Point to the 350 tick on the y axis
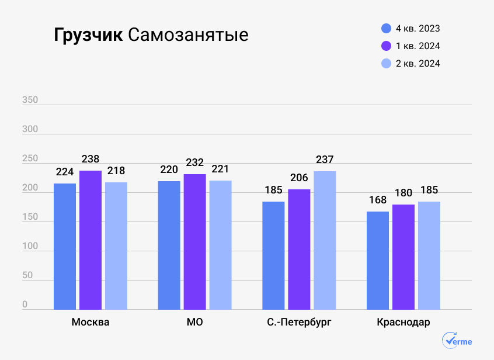pyautogui.click(x=30, y=100)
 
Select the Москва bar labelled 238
pyautogui.click(x=91, y=240)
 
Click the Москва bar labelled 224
pyautogui.click(x=65, y=246)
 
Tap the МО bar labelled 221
pyautogui.click(x=221, y=244)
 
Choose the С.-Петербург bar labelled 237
pyautogui.click(x=325, y=240)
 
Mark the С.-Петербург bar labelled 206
pyautogui.click(x=299, y=249)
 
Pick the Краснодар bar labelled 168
pyautogui.click(x=378, y=260)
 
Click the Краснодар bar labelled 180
pyautogui.click(x=403, y=257)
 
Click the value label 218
pyautogui.click(x=116, y=171)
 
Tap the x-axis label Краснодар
pyautogui.click(x=403, y=323)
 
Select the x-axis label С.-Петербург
pyautogui.click(x=299, y=323)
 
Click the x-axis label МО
pyautogui.click(x=195, y=323)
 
